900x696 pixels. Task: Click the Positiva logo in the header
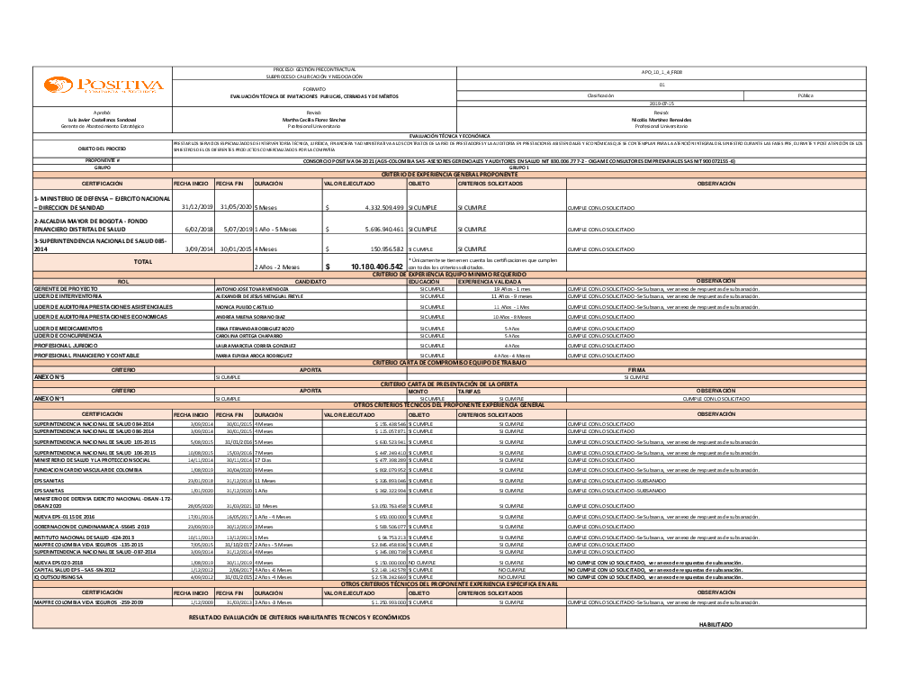pyautogui.click(x=103, y=86)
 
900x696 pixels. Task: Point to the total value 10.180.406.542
pyautogui.click(x=364, y=267)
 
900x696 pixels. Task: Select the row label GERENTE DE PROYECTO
pyautogui.click(x=66, y=288)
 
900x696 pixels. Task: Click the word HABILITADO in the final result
pyautogui.click(x=716, y=624)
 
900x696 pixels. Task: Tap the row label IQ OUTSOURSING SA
pyautogui.click(x=58, y=577)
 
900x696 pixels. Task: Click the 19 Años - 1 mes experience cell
pyautogui.click(x=511, y=288)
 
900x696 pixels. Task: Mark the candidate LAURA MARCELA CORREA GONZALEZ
pyautogui.click(x=256, y=345)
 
